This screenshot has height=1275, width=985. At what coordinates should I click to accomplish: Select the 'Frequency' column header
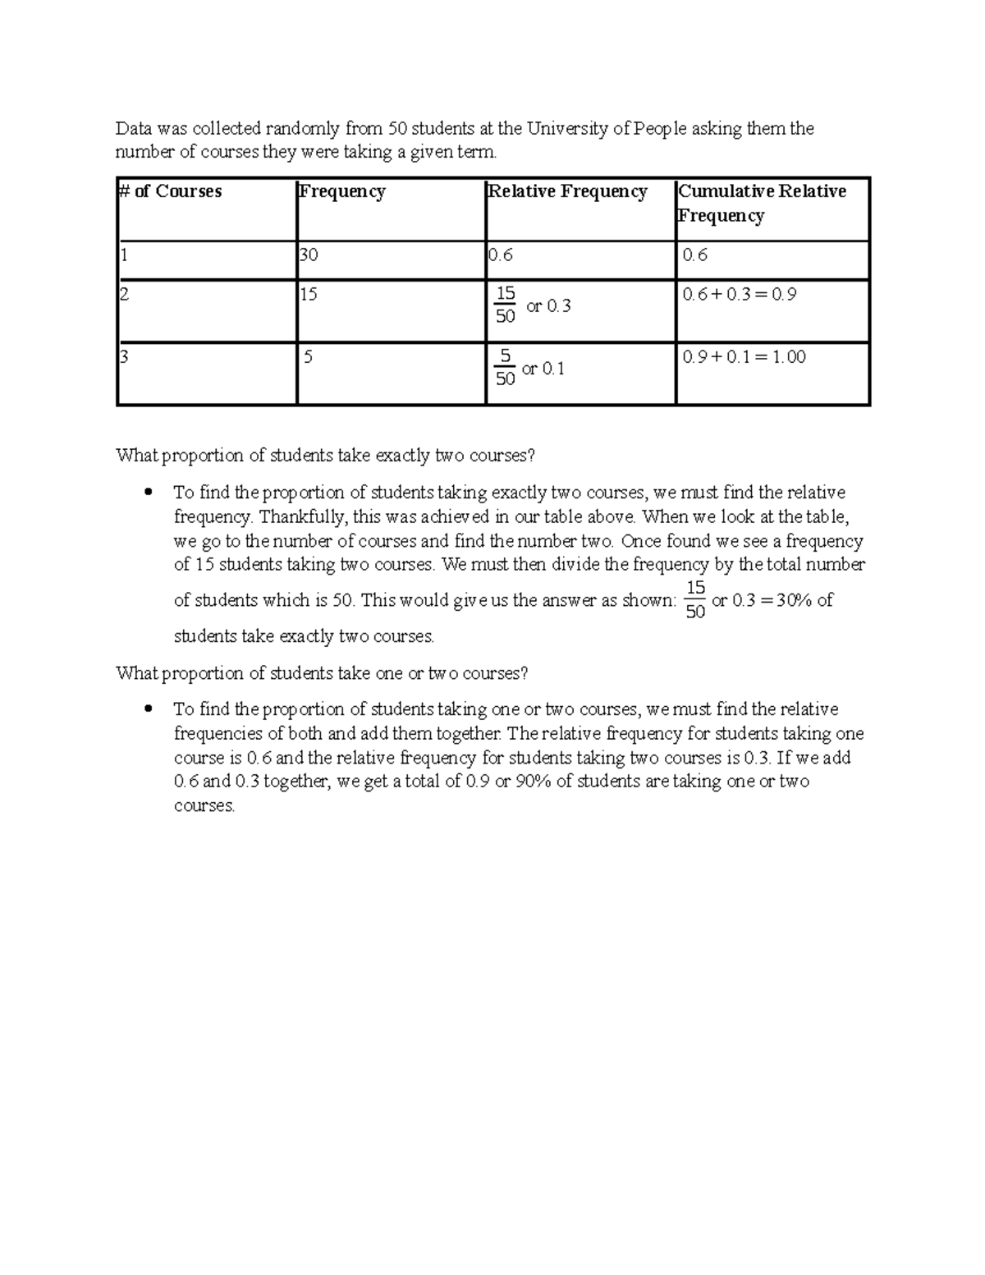click(x=342, y=191)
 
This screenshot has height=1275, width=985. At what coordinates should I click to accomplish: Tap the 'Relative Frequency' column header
click(x=568, y=191)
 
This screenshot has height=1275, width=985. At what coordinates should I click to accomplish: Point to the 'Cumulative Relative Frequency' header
click(x=762, y=203)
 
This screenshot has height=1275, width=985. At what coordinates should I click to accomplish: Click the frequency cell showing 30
click(x=309, y=255)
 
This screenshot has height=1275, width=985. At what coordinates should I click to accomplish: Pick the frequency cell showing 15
click(x=309, y=294)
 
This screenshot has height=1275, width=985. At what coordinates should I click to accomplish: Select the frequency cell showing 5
click(x=309, y=357)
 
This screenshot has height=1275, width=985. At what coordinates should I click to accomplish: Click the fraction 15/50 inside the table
click(x=506, y=305)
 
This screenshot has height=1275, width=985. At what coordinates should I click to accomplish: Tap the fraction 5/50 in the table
click(x=506, y=367)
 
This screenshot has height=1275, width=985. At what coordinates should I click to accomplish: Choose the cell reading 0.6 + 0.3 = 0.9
click(x=740, y=294)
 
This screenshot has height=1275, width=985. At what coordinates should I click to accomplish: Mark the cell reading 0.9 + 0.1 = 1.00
click(x=744, y=357)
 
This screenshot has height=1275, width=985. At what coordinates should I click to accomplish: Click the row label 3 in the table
click(x=125, y=357)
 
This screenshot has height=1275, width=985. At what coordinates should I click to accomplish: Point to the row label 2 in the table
click(x=125, y=294)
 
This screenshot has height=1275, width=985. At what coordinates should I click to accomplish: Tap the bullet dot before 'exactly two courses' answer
click(x=148, y=493)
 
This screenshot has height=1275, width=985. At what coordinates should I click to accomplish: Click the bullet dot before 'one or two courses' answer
click(x=148, y=709)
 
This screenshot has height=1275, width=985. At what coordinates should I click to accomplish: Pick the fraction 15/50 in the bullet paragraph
click(x=695, y=600)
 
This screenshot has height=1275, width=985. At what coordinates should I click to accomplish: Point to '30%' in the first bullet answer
click(x=795, y=600)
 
